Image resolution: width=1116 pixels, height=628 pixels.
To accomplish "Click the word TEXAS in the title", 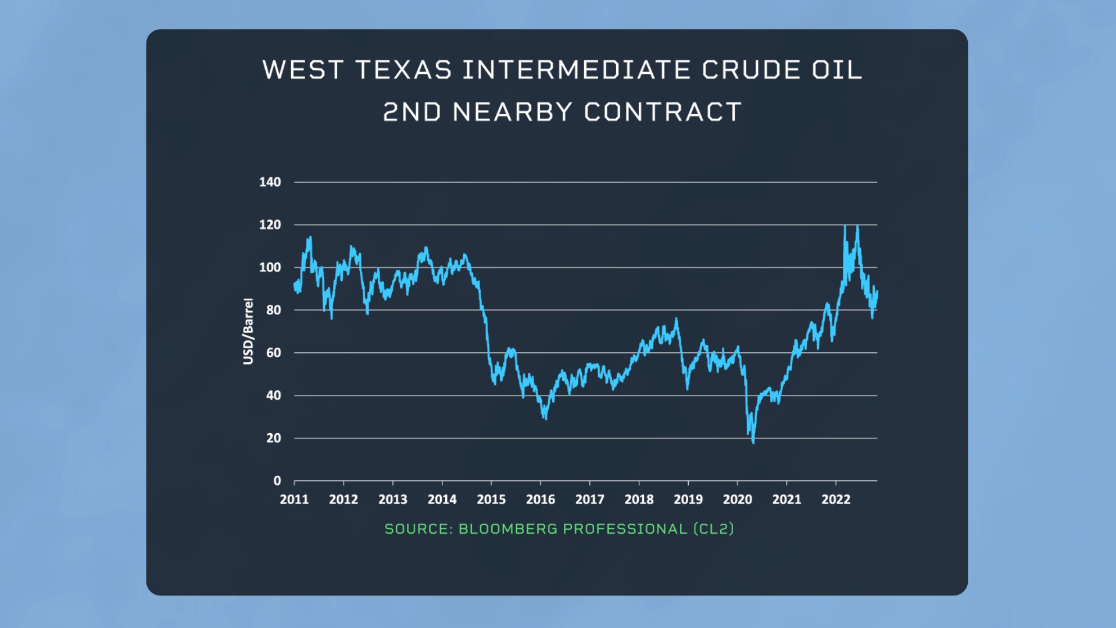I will (x=403, y=70).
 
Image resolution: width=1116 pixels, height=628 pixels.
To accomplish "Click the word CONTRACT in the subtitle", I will (x=663, y=112).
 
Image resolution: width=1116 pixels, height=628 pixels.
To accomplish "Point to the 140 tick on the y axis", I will (x=270, y=182).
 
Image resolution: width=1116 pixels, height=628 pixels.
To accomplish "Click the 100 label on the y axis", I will (x=270, y=267).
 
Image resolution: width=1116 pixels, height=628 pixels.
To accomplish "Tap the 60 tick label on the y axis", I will (x=273, y=352).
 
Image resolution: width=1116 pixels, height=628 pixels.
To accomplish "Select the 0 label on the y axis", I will (x=277, y=481).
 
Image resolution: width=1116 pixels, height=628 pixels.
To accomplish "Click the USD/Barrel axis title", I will (x=248, y=331).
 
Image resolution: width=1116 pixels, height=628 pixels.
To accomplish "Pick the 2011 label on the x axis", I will (x=294, y=499).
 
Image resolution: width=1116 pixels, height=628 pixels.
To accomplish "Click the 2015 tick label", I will (x=491, y=499).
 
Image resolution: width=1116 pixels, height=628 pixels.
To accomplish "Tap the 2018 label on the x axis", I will (x=639, y=499).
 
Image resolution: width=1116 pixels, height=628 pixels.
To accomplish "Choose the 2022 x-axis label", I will (x=836, y=499).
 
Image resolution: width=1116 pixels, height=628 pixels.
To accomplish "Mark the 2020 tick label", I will (x=737, y=499).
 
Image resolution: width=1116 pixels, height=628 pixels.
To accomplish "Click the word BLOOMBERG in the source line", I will (x=507, y=529).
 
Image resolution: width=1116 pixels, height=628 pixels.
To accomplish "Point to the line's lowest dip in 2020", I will (x=753, y=443).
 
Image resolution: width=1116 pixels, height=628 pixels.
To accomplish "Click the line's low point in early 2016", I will (x=545, y=419).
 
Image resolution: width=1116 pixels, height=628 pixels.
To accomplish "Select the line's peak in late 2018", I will (x=676, y=319).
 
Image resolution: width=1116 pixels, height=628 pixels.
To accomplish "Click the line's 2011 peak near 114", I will (x=310, y=237).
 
